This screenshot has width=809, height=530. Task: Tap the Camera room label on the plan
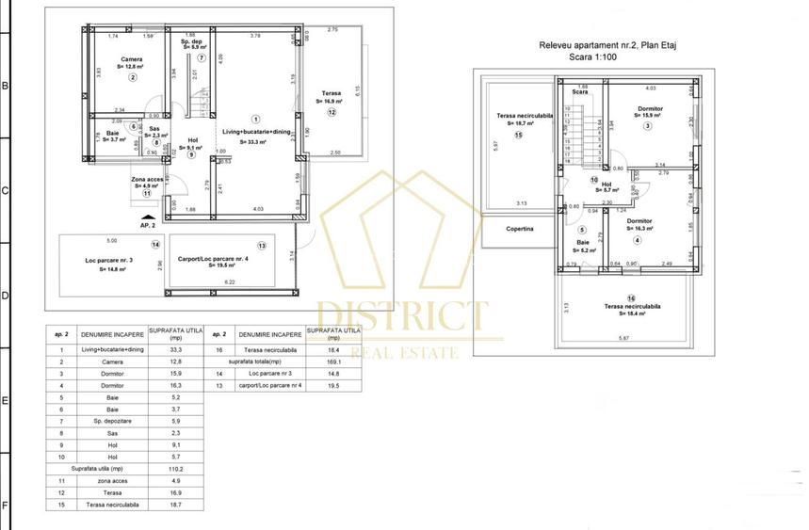pos(132,60)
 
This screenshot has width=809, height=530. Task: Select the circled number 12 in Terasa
pos(332,112)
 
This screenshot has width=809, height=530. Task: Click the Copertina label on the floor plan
pos(519,229)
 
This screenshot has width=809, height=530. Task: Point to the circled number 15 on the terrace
pos(518,135)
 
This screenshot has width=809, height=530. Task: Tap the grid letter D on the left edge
pos(5,296)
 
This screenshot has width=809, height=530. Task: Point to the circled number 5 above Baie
pos(582,230)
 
